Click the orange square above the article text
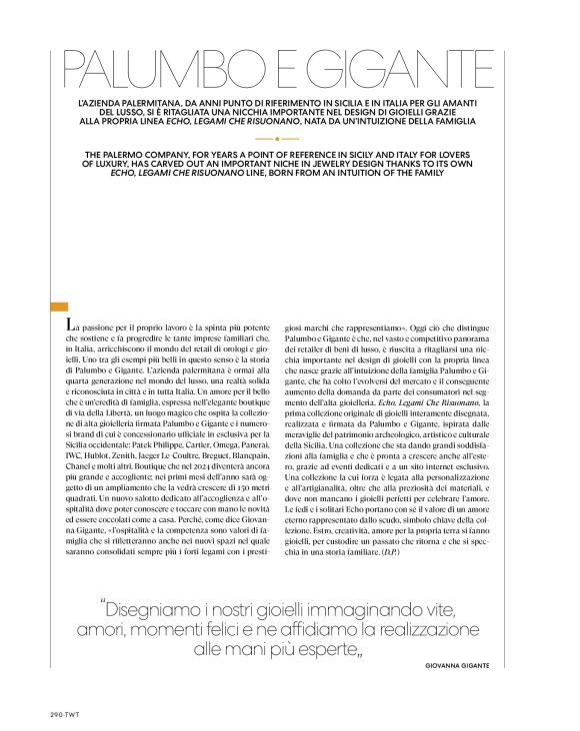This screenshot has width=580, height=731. pos(58,308)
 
